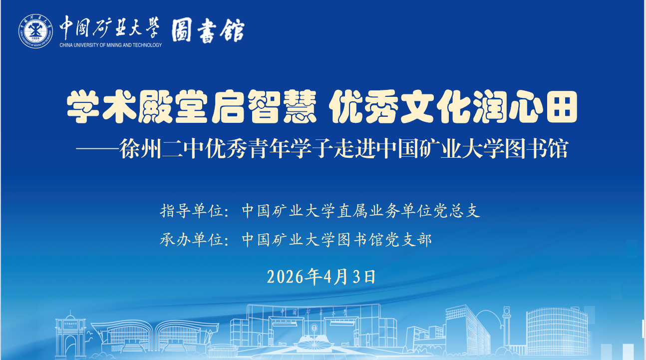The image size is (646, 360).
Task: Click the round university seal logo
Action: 36,31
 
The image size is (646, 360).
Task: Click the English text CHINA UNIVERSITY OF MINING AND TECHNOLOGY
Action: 111,45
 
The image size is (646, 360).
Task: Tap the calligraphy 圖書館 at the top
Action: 208,30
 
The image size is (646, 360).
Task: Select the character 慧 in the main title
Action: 300,106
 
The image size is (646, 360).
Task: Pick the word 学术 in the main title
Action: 101,106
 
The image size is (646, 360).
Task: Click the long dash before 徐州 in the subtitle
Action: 97,149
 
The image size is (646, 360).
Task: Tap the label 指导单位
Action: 192,211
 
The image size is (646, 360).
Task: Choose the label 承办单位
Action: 192,240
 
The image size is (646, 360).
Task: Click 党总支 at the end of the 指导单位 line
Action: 456,211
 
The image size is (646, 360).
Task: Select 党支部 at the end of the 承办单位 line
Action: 408,240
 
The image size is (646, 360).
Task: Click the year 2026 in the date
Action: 285,277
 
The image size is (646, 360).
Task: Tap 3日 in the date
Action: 364,277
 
